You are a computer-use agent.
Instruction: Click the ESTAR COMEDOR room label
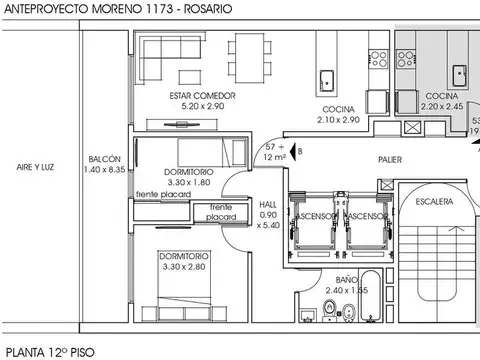click(x=202, y=95)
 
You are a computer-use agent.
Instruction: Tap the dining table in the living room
click(x=247, y=59)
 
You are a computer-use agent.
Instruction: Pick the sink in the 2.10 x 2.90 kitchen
click(x=326, y=80)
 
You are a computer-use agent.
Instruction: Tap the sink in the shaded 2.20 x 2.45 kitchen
click(x=460, y=72)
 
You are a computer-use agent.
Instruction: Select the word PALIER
click(x=389, y=159)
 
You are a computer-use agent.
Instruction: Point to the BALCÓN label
click(x=104, y=160)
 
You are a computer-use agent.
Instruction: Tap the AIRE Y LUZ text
click(x=35, y=168)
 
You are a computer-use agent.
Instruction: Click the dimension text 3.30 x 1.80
click(x=186, y=183)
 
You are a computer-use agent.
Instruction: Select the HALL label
click(x=268, y=203)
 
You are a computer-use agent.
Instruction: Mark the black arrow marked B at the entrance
click(x=286, y=150)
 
